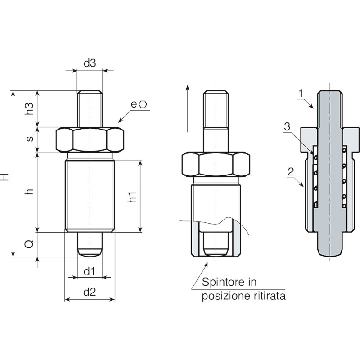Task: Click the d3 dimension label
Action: (x=90, y=63)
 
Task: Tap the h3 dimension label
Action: (x=29, y=108)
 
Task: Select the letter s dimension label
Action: (x=30, y=139)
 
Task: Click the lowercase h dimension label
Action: (x=30, y=192)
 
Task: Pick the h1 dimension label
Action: (x=132, y=197)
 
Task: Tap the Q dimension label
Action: (x=29, y=244)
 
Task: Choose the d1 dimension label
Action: (x=89, y=271)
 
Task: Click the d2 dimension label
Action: (x=90, y=292)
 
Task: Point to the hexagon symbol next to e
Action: (x=143, y=104)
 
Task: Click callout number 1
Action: (x=301, y=94)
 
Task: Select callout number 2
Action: (x=291, y=172)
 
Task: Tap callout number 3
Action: (x=287, y=127)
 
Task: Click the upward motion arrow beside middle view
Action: (x=188, y=108)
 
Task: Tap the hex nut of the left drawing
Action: (x=90, y=140)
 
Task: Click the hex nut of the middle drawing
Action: (x=216, y=165)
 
